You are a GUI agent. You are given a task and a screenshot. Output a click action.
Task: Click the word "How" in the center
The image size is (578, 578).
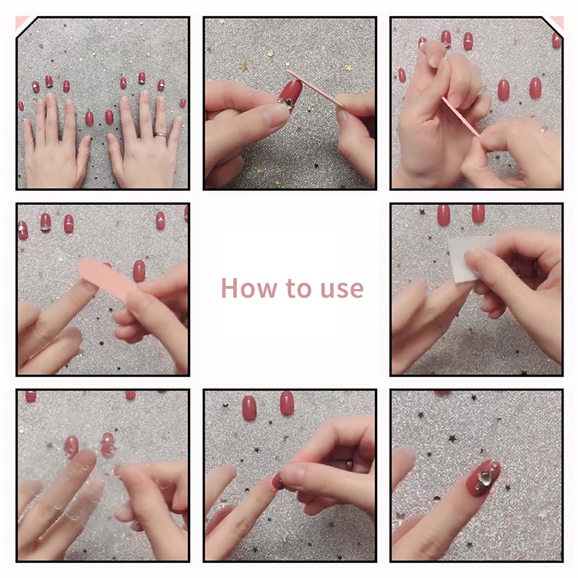pyautogui.click(x=249, y=288)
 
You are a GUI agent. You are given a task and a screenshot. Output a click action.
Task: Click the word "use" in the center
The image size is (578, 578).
pyautogui.click(x=342, y=290)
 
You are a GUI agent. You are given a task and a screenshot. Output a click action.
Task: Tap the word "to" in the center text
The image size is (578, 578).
pyautogui.click(x=298, y=288)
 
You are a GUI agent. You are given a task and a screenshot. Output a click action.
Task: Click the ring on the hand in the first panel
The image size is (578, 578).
pyautogui.click(x=160, y=135)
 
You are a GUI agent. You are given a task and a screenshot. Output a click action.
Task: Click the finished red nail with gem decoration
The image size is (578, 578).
pyautogui.click(x=483, y=478)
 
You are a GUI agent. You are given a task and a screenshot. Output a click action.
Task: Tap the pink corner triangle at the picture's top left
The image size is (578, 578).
pyautogui.click(x=20, y=22)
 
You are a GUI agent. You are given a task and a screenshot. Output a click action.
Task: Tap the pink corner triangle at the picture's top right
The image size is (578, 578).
pyautogui.click(x=558, y=22)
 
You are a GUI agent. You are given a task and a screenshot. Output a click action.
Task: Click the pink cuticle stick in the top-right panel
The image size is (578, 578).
pyautogui.click(x=460, y=116)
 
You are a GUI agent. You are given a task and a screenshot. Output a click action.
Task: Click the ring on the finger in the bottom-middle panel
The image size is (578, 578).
pyautogui.click(x=350, y=465)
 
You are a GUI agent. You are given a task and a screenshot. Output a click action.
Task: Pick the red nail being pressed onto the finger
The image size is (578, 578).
pyautogui.click(x=277, y=481)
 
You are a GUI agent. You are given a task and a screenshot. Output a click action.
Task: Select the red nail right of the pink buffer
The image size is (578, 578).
pyautogui.click(x=139, y=271)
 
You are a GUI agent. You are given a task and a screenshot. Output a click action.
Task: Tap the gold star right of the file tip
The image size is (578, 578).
pyautogui.click(x=349, y=68)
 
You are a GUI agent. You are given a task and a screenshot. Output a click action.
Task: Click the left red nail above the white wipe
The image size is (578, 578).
pyautogui.click(x=444, y=215)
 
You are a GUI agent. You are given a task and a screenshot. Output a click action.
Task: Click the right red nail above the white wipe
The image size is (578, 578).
pyautogui.click(x=478, y=213)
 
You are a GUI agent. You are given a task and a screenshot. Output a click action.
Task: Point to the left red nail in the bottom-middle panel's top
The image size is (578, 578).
pyautogui.click(x=249, y=407)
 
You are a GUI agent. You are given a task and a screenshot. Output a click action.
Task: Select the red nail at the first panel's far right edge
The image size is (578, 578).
pyautogui.click(x=183, y=103)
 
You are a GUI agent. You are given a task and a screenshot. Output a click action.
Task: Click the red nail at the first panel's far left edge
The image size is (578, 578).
pyautogui.click(x=21, y=106)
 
